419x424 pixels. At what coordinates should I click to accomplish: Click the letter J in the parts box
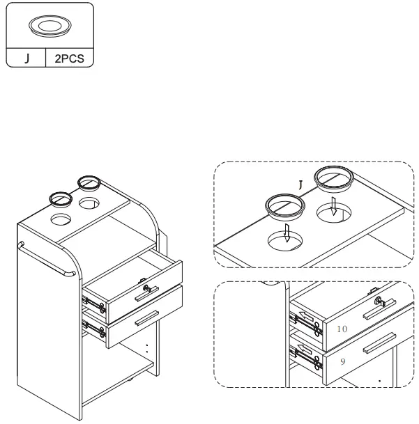[27, 58]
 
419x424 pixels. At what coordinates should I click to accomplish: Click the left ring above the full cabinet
[61, 198]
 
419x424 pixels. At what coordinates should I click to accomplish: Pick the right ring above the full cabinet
[89, 182]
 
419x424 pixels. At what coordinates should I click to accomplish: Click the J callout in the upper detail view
[300, 185]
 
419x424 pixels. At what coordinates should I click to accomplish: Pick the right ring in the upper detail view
[333, 178]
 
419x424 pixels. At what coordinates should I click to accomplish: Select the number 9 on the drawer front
[342, 362]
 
